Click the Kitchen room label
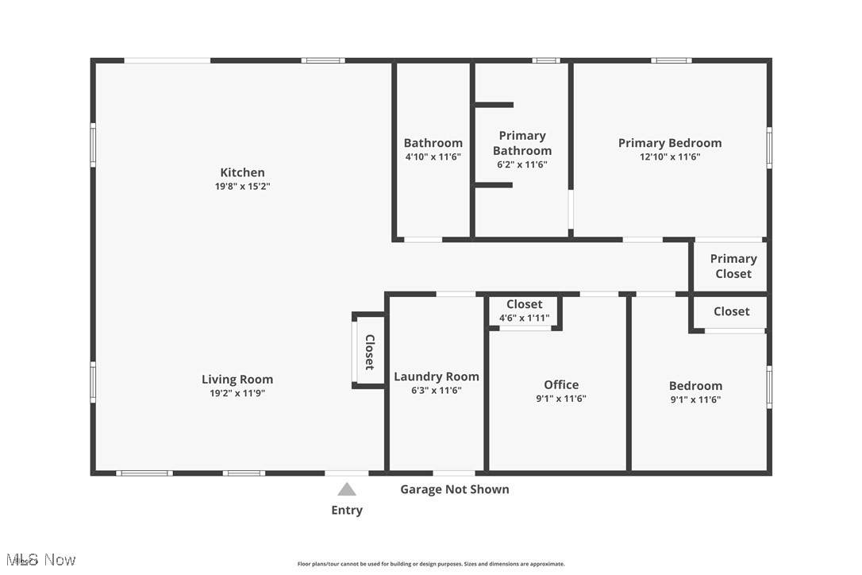[242, 172]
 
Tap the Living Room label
[237, 379]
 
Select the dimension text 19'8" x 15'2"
[242, 186]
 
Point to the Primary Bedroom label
[670, 143]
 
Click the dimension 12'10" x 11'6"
[670, 156]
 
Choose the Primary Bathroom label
[521, 143]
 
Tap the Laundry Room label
[437, 377]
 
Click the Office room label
[561, 384]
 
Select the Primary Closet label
[733, 266]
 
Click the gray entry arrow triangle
[346, 489]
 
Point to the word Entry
[347, 510]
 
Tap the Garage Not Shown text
[455, 489]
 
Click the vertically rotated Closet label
[370, 352]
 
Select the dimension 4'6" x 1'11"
[525, 318]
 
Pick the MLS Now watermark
[41, 560]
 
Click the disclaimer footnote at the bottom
[431, 563]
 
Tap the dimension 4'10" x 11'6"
[433, 156]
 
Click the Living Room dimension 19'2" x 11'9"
[237, 393]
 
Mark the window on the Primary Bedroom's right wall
[769, 148]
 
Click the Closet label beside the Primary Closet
[731, 311]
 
